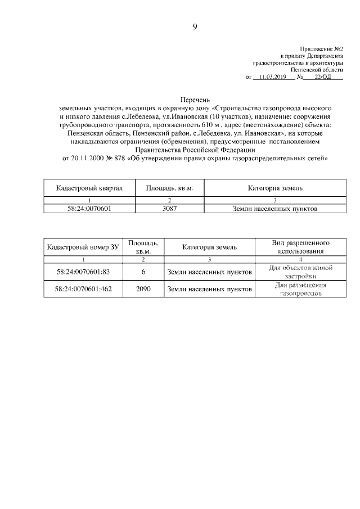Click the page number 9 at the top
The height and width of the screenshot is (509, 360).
point(195,26)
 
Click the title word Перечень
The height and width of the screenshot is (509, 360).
point(195,99)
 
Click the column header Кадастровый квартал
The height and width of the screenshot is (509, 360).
point(89,188)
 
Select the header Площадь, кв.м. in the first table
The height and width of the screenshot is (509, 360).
point(169,188)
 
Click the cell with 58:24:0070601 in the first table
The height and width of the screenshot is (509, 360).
point(89,209)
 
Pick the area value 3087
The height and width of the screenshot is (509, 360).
point(169,209)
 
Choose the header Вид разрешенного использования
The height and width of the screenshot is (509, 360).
point(300,247)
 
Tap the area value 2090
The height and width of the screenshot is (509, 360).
point(143,289)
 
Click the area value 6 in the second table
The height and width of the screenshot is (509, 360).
point(143,272)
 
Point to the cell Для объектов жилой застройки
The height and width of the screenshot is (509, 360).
point(300,272)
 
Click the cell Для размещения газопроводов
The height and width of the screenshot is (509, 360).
point(300,289)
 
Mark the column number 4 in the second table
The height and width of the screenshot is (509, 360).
point(300,259)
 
